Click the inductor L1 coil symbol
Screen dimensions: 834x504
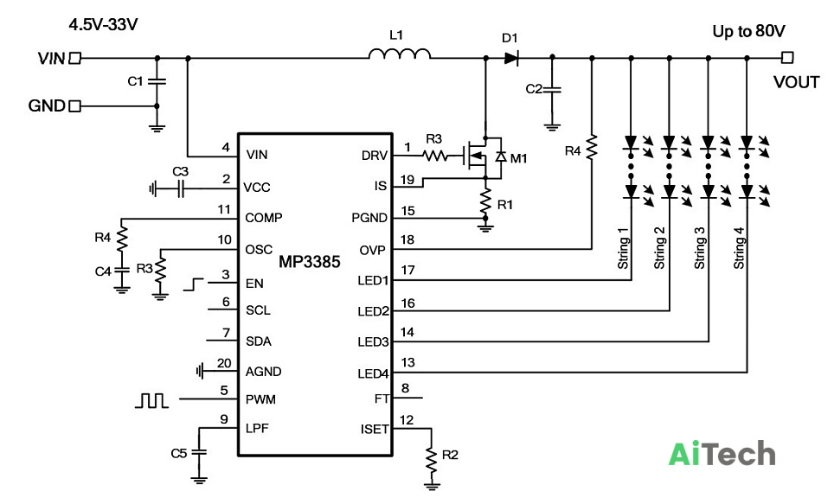400,54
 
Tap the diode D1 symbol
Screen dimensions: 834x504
511,57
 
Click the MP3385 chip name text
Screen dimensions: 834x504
310,262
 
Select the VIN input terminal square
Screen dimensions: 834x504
75,58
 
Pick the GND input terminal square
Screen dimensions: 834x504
75,106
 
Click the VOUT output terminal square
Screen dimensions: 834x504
788,57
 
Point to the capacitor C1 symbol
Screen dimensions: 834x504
157,81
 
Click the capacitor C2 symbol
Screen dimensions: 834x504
552,89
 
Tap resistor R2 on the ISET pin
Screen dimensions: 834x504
432,459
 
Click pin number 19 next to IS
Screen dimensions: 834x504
407,180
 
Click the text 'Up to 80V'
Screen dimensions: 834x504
748,31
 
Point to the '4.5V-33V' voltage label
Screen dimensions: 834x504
103,24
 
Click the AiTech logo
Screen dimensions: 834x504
722,454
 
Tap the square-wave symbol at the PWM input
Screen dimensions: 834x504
151,400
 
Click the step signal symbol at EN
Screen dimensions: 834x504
194,284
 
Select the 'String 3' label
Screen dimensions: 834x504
699,248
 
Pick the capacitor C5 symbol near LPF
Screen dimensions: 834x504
199,452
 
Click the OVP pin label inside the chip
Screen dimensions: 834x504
372,250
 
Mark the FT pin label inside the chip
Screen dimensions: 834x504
382,399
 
